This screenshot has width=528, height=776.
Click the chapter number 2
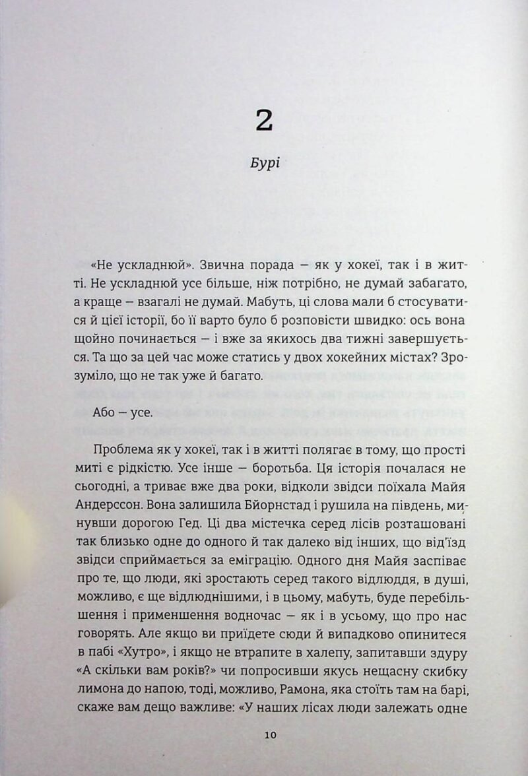264,121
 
